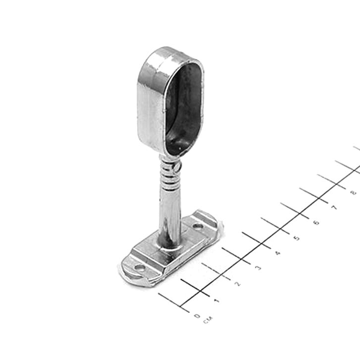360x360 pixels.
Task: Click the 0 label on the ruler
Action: coord(197,316)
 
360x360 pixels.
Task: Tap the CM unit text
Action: coord(208,320)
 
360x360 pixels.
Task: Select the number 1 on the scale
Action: coord(216,300)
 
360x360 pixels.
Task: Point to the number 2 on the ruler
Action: coord(238,284)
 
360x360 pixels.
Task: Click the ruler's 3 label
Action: coord(258,268)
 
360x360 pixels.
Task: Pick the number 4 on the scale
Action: coord(278,253)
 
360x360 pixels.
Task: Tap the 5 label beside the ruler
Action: coord(297,238)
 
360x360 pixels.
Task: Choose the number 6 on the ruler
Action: coord(316,222)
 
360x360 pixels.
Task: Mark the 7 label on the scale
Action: coord(334,207)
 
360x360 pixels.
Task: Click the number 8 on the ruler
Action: coord(354,193)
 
